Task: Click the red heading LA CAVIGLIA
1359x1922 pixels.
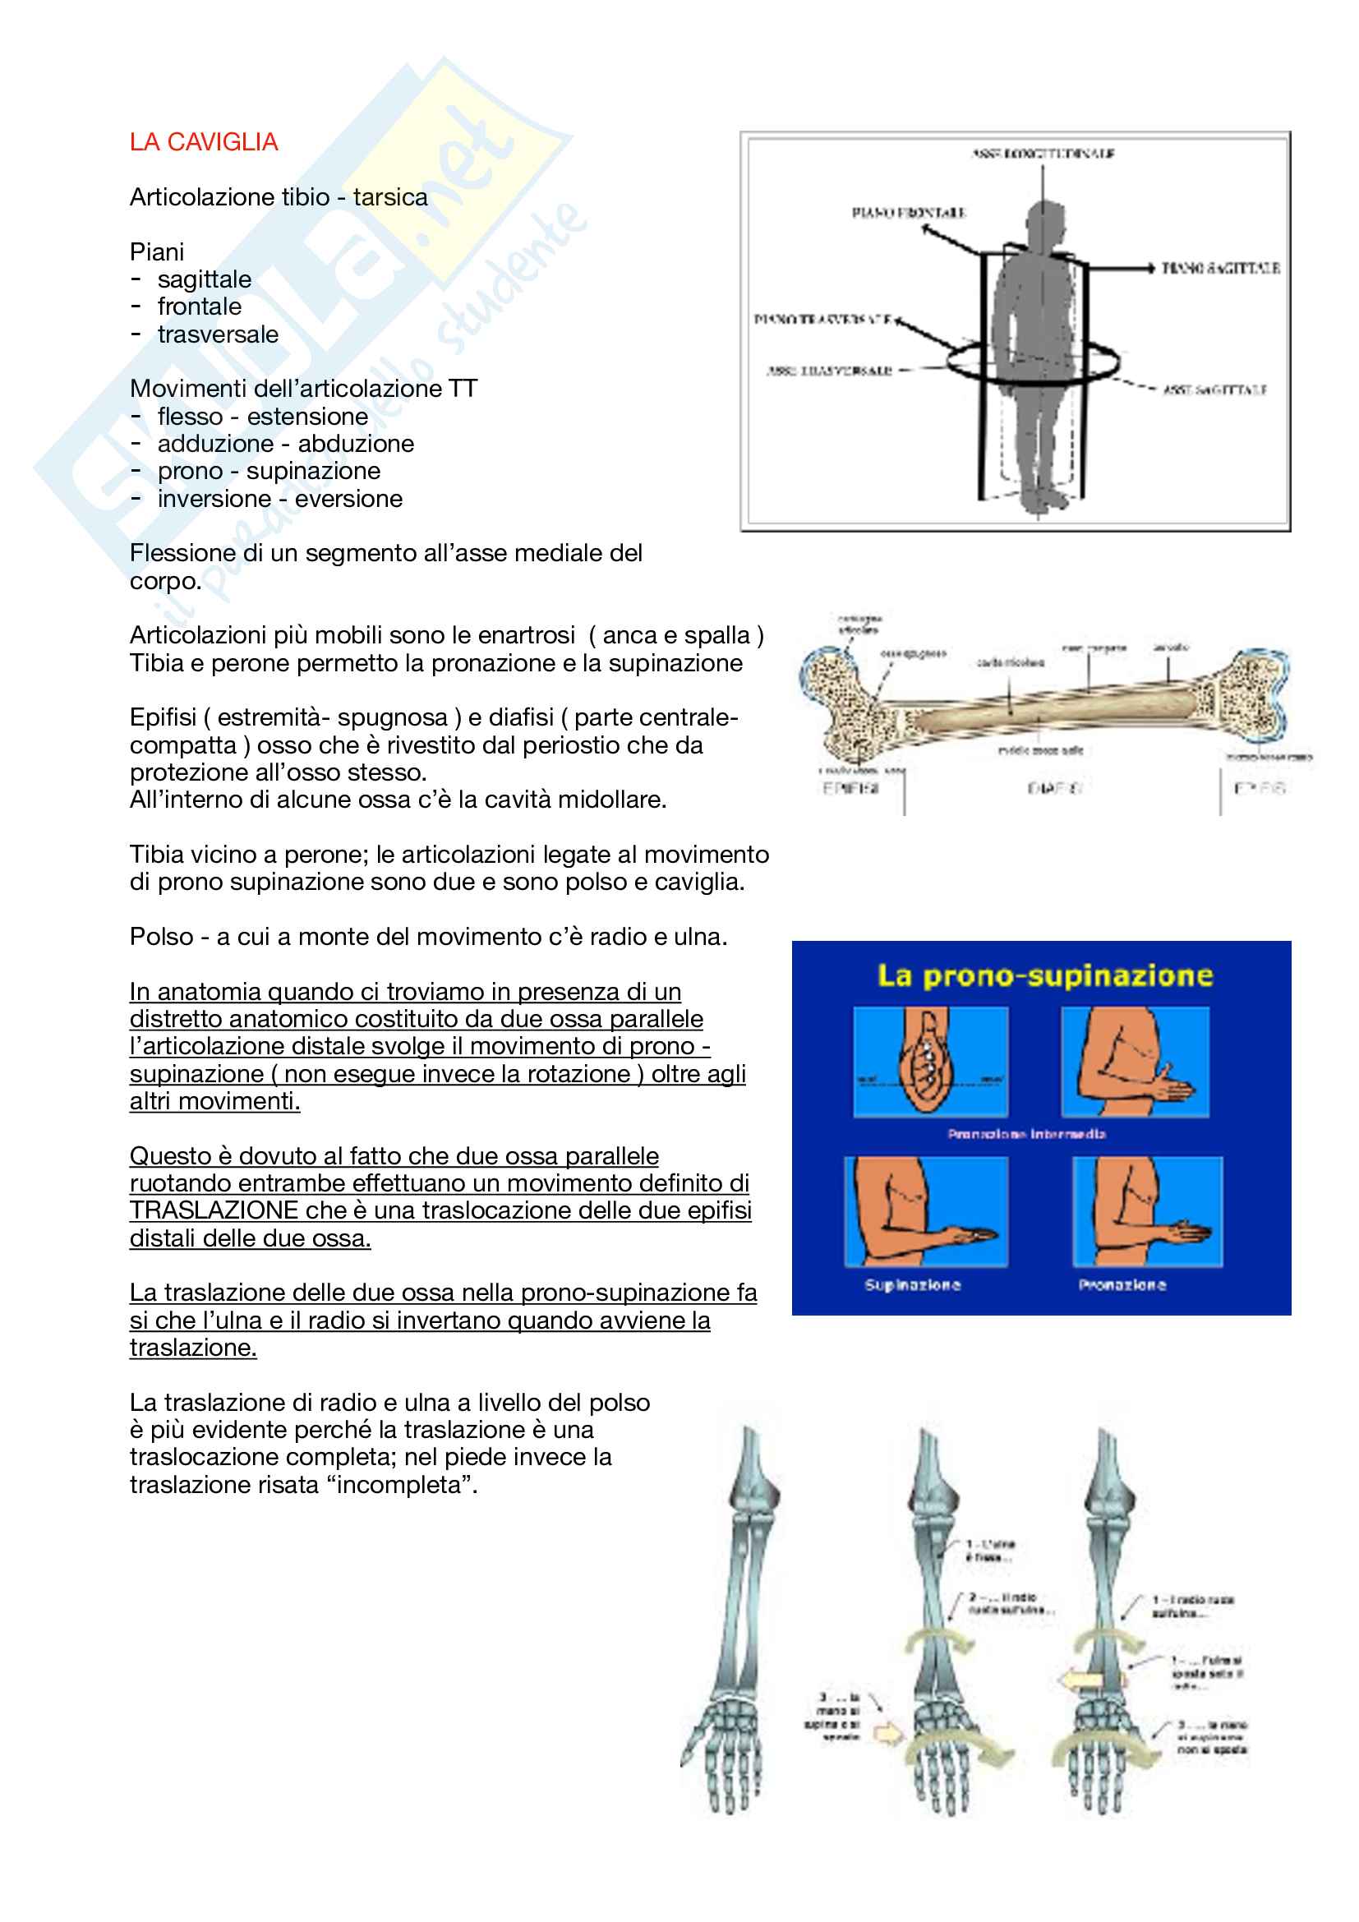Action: coord(203,142)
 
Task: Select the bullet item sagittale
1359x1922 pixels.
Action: coord(205,279)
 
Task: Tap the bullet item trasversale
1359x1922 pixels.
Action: coord(218,334)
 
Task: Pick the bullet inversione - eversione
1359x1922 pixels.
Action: coord(279,499)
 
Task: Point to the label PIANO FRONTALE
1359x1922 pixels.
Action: coord(908,213)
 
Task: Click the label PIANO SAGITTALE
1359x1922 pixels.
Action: coord(1221,268)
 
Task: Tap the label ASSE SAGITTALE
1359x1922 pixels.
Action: coord(1215,390)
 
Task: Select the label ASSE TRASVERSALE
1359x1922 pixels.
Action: coord(830,370)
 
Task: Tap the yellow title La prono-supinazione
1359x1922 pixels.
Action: coord(1044,976)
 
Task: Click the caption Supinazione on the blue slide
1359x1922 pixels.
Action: coord(912,1285)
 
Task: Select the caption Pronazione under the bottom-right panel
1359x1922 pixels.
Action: coord(1122,1285)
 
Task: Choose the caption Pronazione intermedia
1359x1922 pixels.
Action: coord(1027,1134)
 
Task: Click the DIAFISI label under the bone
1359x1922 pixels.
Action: coord(1054,788)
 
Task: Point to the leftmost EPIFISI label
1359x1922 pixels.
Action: coord(850,788)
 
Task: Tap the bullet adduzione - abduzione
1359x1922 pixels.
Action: coord(285,444)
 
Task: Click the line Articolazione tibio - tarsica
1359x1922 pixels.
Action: coord(279,197)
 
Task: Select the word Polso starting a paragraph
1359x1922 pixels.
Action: coord(162,937)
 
